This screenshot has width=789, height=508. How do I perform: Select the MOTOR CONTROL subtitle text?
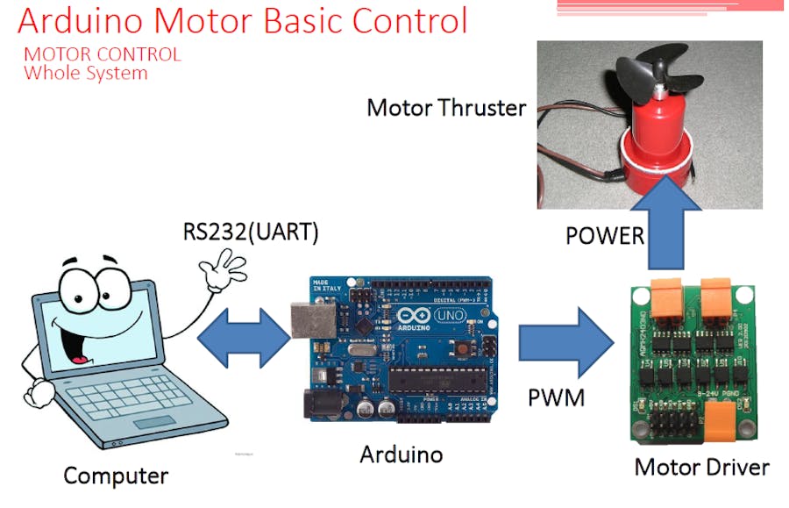coord(103,54)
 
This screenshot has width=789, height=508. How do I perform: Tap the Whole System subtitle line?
coord(86,73)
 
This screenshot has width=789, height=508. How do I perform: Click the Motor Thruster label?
coord(446,108)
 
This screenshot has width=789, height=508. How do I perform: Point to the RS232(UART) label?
coord(250,233)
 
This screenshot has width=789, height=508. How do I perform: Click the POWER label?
coord(604,235)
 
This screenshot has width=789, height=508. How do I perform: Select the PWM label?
coord(556,398)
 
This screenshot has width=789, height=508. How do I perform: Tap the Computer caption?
coord(115,476)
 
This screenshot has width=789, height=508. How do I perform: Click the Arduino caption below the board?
coord(402,454)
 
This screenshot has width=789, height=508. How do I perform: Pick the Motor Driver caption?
coord(701,467)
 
